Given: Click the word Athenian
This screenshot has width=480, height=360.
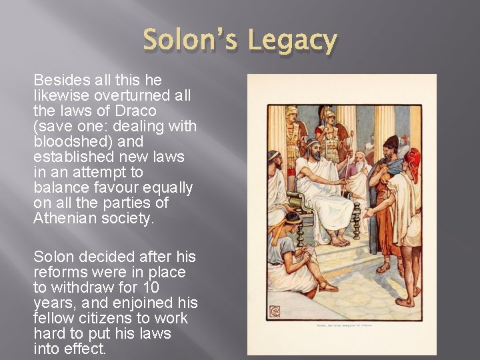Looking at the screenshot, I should click(67, 218).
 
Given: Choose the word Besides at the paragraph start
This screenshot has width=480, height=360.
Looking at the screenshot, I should click(59, 80).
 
